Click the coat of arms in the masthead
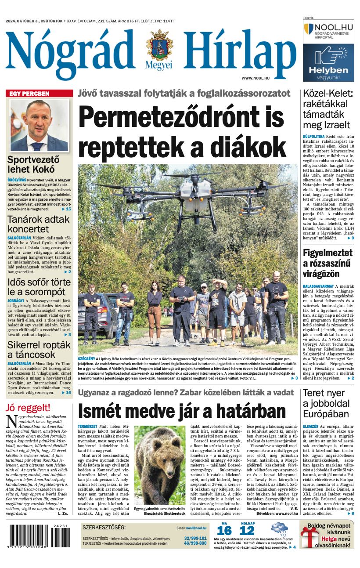point(159,46)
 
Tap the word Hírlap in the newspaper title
point(239,50)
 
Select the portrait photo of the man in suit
point(39,126)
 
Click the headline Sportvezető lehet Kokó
point(33,164)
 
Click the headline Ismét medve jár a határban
point(181,411)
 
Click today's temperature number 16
point(224,531)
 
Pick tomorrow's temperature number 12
point(247,531)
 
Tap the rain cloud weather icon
point(279,528)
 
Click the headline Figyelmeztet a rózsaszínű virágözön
point(328,263)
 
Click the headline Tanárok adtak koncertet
point(38,224)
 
